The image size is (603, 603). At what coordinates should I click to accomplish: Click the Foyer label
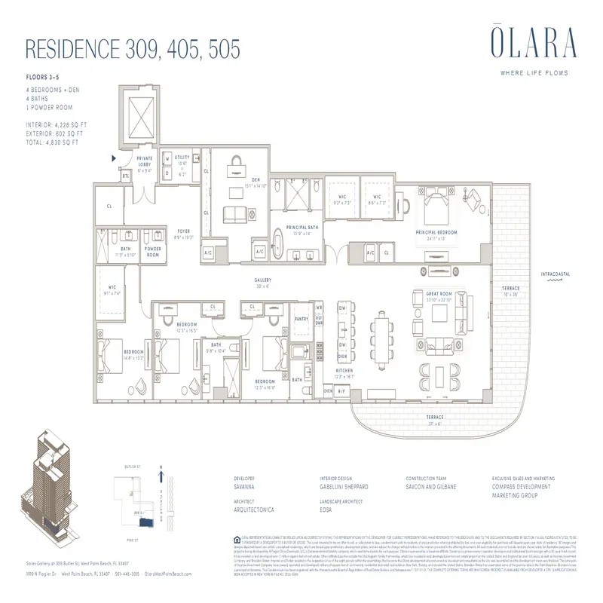tap(184, 231)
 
